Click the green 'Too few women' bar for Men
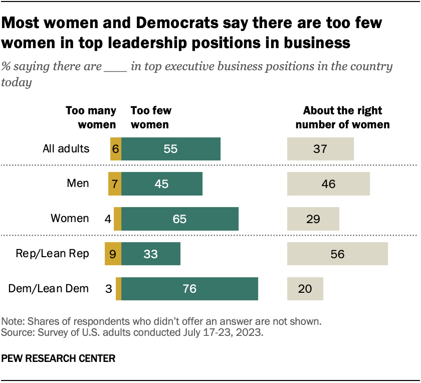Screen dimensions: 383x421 coord(162,183)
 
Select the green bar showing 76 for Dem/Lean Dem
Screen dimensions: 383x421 coord(189,289)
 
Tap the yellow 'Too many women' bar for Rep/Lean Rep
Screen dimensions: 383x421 coord(113,254)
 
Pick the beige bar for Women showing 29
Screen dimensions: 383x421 coord(313,219)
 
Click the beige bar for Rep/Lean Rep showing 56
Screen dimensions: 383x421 coord(337,254)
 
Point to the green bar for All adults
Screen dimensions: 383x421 coord(170,149)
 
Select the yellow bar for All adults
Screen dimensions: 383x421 coord(116,149)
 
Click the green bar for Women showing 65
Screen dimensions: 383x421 coord(179,219)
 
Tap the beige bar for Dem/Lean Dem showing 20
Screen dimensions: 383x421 coord(305,289)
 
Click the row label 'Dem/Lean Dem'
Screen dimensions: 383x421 coord(49,289)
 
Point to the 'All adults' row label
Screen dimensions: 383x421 coord(66,149)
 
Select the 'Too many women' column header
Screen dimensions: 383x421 coord(91,117)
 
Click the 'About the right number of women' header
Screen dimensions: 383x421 coord(342,117)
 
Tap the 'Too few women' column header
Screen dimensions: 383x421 coord(151,117)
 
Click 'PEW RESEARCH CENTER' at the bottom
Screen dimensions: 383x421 coord(59,358)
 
